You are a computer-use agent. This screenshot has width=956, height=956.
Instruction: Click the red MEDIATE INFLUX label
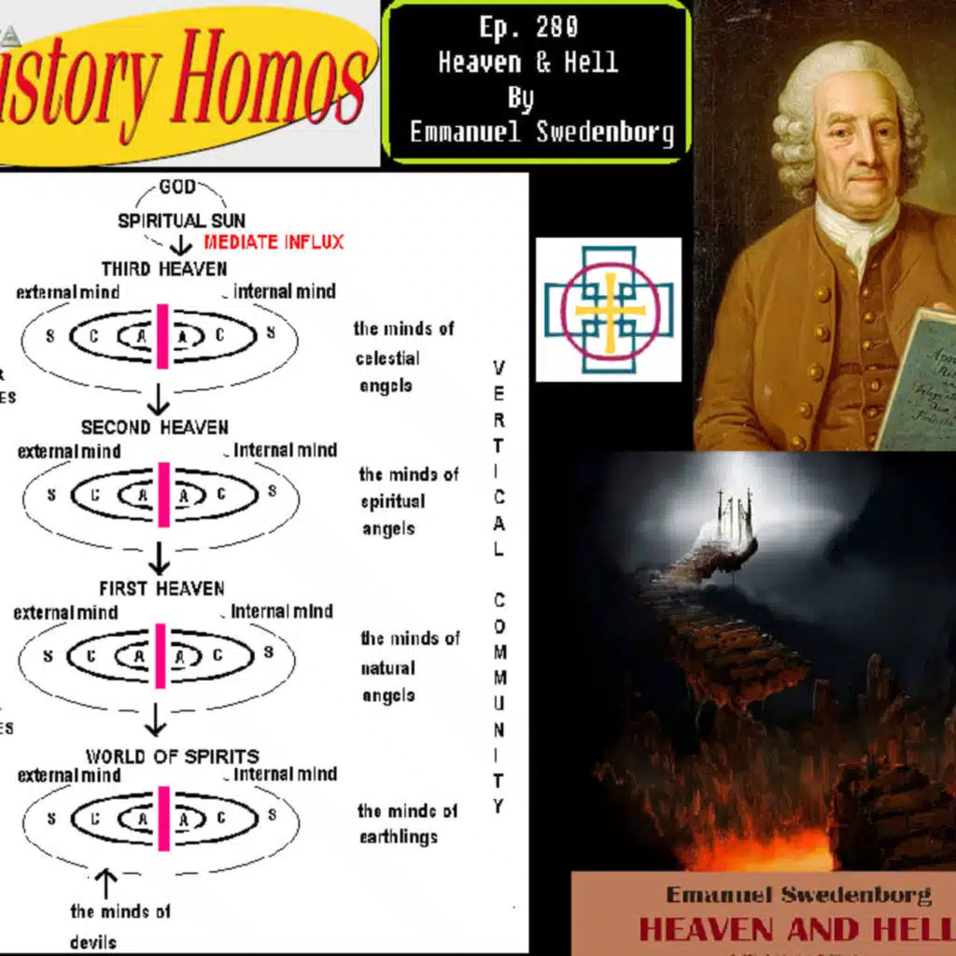pyautogui.click(x=274, y=243)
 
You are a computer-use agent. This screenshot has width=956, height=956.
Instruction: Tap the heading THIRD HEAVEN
pyautogui.click(x=163, y=269)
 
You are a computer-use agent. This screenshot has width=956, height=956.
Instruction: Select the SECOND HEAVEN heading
pyautogui.click(x=154, y=428)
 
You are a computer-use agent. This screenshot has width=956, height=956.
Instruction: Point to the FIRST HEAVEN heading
pyautogui.click(x=162, y=588)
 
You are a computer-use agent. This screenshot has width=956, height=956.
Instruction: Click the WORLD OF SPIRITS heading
pyautogui.click(x=173, y=756)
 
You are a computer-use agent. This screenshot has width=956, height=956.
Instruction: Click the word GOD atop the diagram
pyautogui.click(x=176, y=188)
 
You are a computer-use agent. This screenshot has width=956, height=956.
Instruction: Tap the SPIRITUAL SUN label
pyautogui.click(x=181, y=221)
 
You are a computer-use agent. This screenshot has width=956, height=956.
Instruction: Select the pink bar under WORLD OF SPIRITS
pyautogui.click(x=164, y=818)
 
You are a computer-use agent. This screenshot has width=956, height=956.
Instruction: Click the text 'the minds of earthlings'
pyautogui.click(x=407, y=823)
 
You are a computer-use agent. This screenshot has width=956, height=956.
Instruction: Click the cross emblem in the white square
pyautogui.click(x=608, y=310)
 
